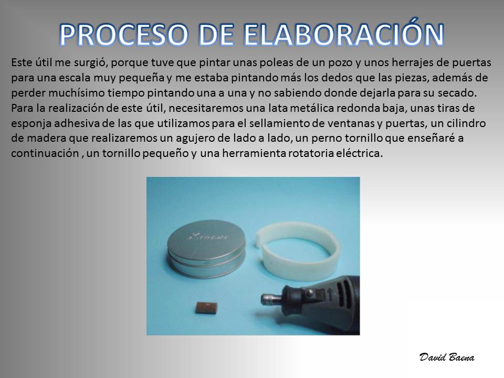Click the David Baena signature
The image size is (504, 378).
[x=447, y=357]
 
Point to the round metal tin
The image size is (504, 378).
[x=206, y=248]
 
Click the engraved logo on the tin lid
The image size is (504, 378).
[x=207, y=237]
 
